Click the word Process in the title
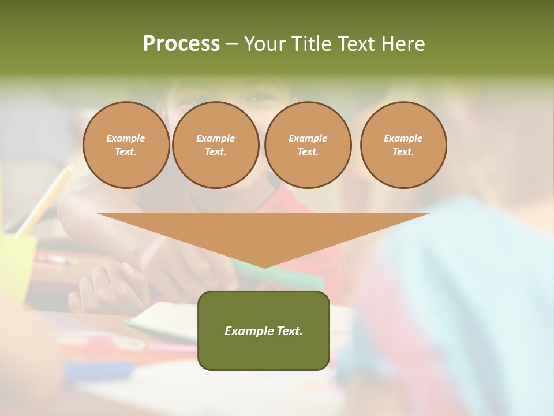[181, 44]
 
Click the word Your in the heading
[267, 44]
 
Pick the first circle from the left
[126, 145]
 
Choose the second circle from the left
[216, 145]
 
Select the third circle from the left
[308, 145]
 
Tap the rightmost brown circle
[403, 145]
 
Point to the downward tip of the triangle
[264, 267]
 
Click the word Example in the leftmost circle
[126, 138]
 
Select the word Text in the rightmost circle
[403, 152]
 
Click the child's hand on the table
[107, 286]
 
